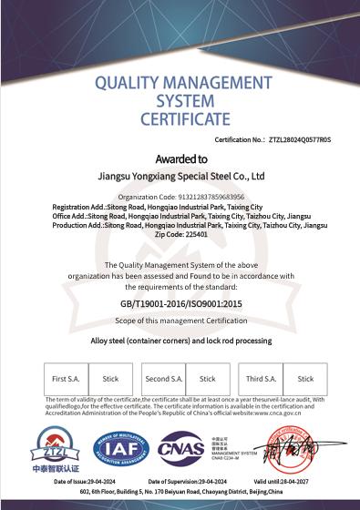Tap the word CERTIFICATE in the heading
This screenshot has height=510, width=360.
(x=185, y=118)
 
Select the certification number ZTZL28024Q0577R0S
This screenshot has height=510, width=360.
(x=300, y=140)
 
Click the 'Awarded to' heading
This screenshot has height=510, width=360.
(x=180, y=158)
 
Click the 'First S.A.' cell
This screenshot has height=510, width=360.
(x=66, y=379)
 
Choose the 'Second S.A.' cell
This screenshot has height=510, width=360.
(x=164, y=379)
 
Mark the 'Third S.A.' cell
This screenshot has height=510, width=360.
(x=262, y=379)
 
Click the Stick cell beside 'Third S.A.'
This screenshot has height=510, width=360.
(x=305, y=379)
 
